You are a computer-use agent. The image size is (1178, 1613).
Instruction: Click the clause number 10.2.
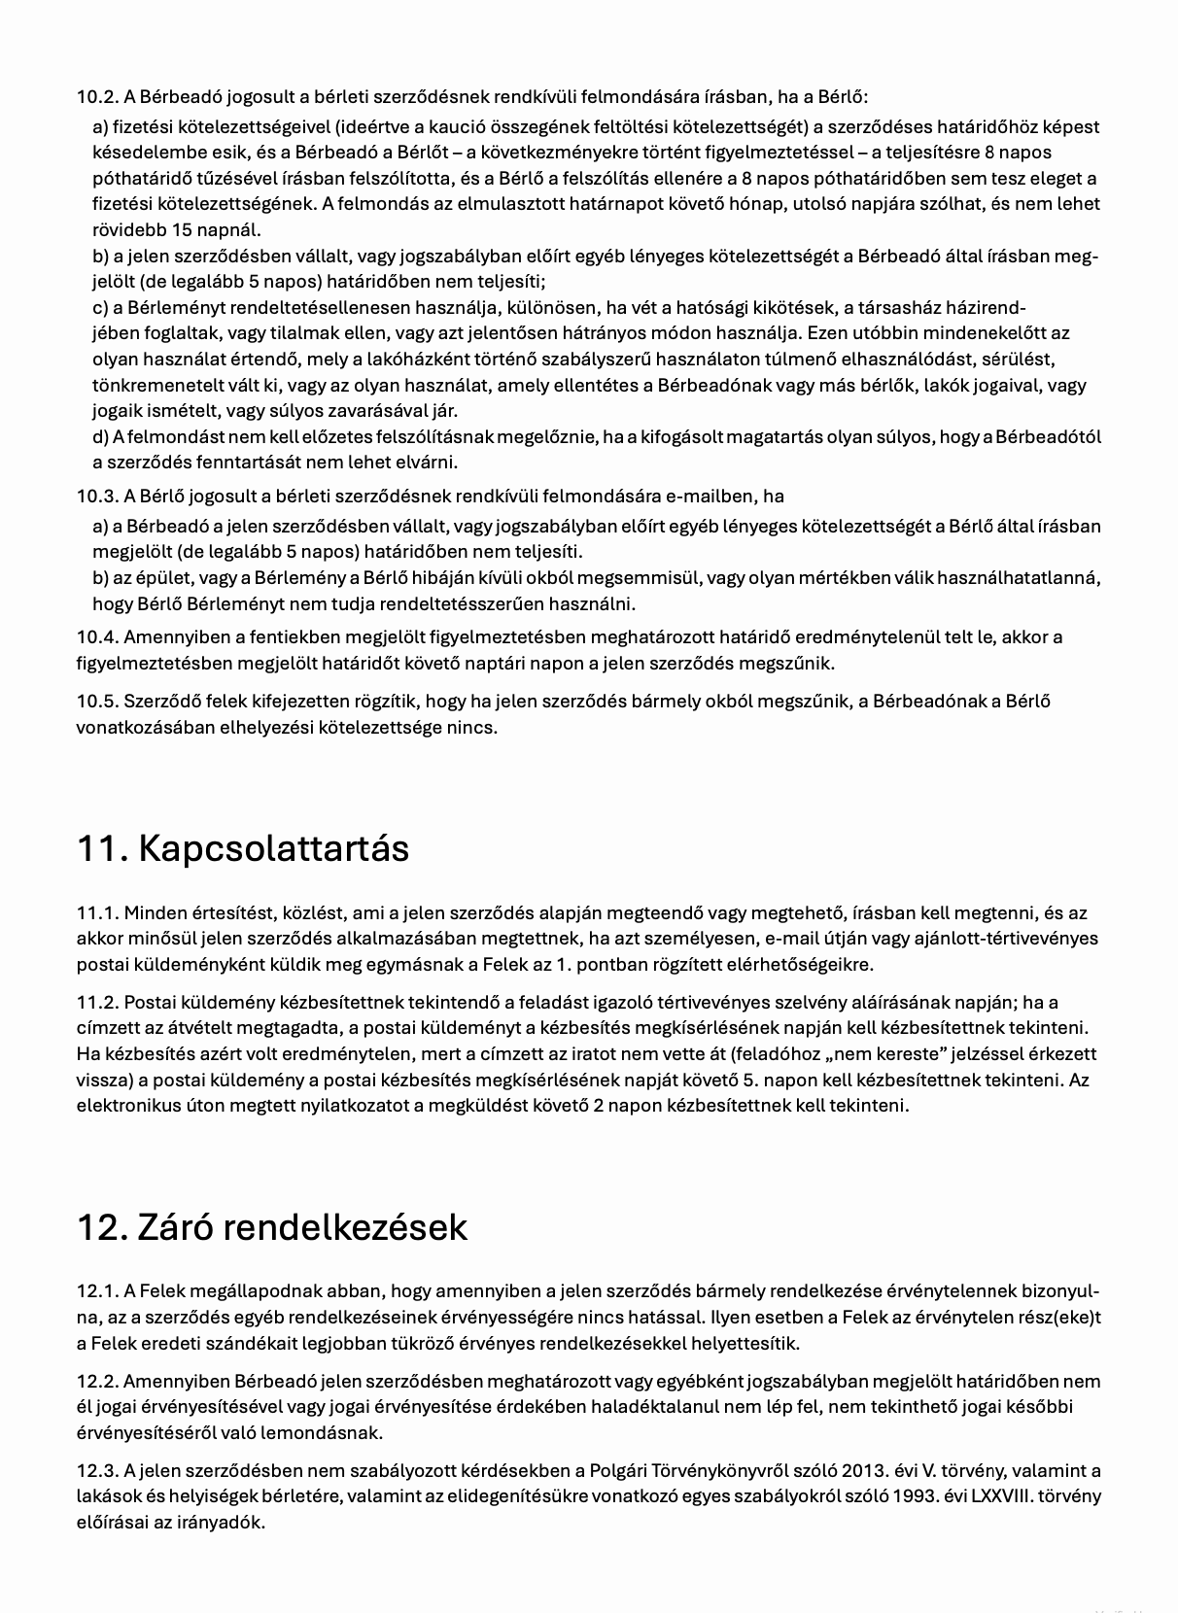coord(97,97)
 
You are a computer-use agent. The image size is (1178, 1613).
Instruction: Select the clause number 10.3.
coord(97,497)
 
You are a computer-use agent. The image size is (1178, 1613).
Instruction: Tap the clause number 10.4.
coord(97,638)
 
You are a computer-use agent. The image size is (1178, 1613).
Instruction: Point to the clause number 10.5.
coord(97,702)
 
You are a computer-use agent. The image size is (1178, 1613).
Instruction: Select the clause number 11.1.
coord(97,913)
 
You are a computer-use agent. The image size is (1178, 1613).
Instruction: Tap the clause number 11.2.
coord(97,1003)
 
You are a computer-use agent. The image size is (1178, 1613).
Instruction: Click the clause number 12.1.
coord(97,1292)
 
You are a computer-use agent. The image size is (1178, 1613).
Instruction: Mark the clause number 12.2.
coord(97,1382)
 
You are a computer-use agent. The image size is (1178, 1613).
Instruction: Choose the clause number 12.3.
coord(97,1471)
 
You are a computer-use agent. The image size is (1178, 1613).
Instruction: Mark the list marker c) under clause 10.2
coord(100,309)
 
